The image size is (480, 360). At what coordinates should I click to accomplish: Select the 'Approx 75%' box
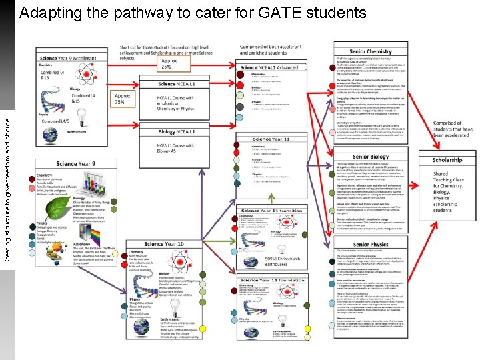[124, 99]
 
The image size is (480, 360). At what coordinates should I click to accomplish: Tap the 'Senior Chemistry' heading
[370, 51]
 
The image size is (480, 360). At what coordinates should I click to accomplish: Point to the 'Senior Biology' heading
[370, 157]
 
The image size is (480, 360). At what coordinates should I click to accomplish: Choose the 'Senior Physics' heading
[370, 245]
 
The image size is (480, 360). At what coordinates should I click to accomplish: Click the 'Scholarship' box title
[447, 160]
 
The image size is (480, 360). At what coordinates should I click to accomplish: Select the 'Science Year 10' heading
[164, 245]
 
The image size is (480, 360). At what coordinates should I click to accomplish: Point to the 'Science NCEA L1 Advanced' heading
[269, 67]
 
